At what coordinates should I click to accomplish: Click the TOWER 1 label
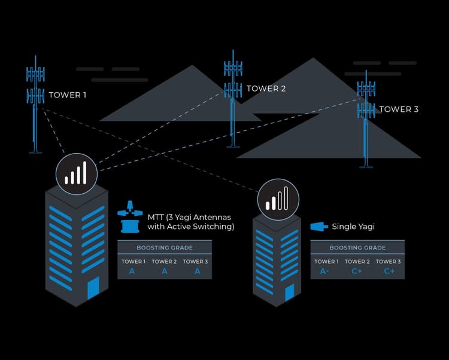click(68, 94)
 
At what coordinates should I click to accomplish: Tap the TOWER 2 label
click(266, 89)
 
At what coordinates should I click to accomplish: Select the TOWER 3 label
click(399, 109)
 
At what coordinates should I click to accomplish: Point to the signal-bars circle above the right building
click(277, 198)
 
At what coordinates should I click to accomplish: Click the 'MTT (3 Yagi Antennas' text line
click(189, 216)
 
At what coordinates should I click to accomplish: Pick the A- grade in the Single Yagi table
click(324, 271)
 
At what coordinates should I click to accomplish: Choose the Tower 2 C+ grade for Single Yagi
click(357, 271)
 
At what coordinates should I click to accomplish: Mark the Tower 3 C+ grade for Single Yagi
click(389, 271)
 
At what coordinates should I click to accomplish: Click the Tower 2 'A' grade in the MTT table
click(164, 271)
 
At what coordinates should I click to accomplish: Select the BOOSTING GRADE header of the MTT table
click(164, 248)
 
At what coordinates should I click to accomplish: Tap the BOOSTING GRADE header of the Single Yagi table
click(357, 248)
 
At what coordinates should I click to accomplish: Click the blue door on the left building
click(93, 290)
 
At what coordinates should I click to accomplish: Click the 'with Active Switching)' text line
click(191, 227)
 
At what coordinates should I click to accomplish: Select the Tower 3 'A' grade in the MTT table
click(196, 271)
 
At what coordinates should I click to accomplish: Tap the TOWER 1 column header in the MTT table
click(133, 261)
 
